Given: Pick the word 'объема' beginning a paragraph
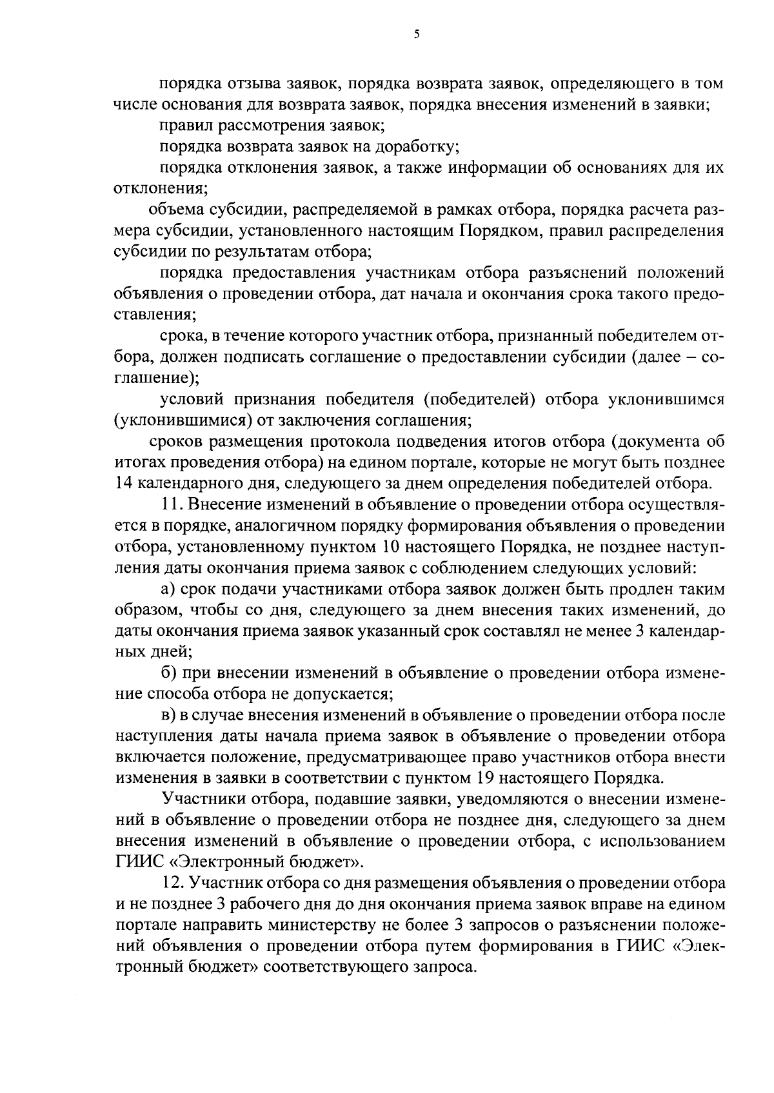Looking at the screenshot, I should point(175,210).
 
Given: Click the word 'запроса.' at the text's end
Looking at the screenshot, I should point(447,967).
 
